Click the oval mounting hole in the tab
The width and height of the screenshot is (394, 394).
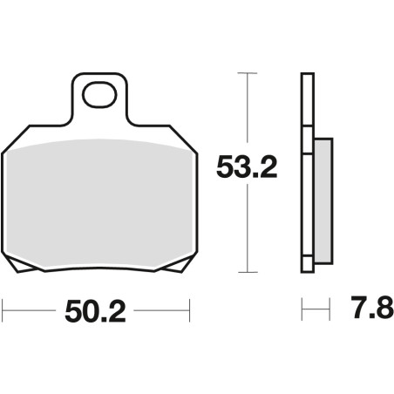coord(99,95)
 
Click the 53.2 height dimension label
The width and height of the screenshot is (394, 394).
coord(247,167)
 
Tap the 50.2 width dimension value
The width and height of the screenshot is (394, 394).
coord(95,312)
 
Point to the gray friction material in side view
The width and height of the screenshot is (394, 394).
coord(323,201)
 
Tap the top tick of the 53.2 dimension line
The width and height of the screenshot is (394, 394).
coord(248,73)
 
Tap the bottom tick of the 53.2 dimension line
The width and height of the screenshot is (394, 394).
coord(248,272)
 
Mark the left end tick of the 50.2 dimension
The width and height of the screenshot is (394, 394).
coord(3,310)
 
